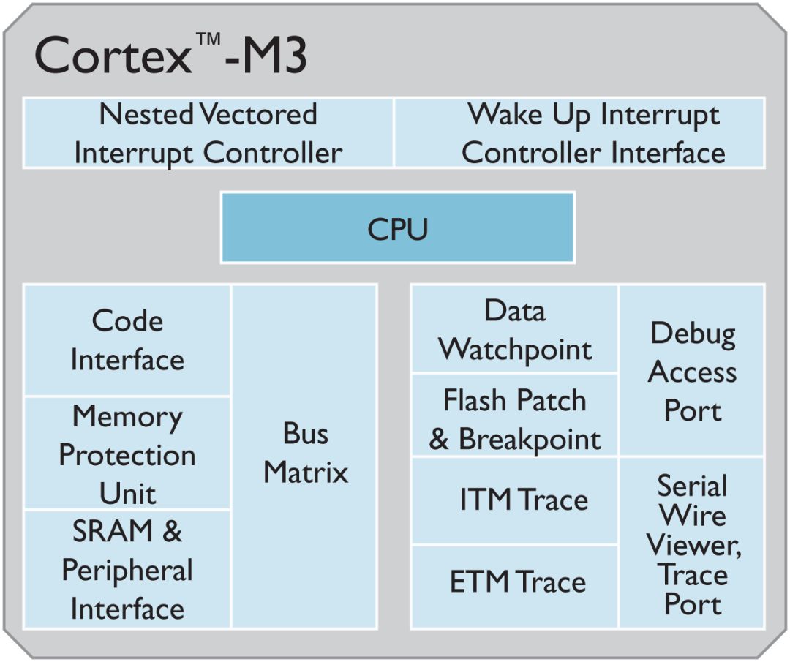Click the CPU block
point(397,227)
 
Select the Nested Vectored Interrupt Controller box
point(208,133)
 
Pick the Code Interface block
point(127,340)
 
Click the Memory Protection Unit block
point(127,454)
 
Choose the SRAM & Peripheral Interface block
point(127,569)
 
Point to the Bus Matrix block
point(305,454)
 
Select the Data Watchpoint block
point(515,329)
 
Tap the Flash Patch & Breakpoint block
point(515,418)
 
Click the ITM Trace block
point(515,500)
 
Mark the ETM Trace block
point(515,583)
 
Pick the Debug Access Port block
point(692,372)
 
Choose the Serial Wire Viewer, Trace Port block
point(692,544)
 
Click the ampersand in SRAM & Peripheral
point(172,532)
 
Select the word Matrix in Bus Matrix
point(305,473)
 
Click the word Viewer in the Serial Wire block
point(692,545)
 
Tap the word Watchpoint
point(515,349)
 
